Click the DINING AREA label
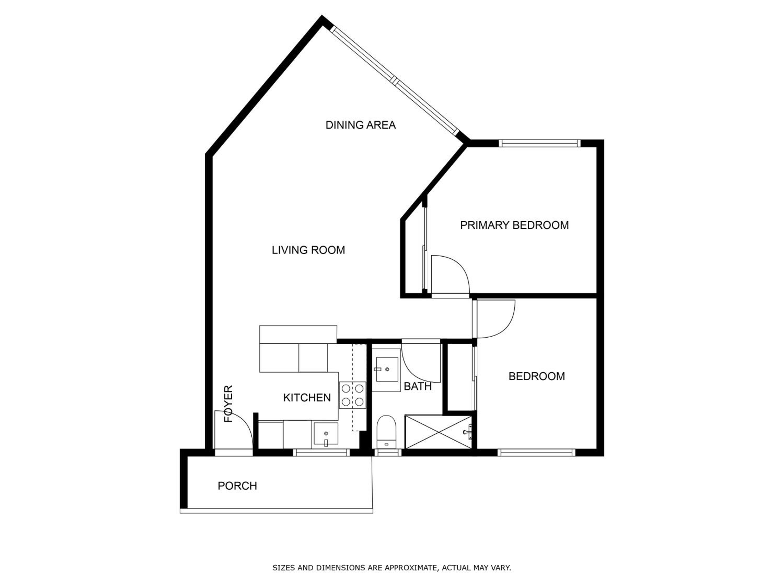coord(360,125)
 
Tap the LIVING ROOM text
coord(308,250)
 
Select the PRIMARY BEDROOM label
coord(514,225)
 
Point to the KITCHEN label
coord(307,398)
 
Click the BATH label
coord(418,386)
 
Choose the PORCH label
coord(237,486)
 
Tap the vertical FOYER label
coord(229,404)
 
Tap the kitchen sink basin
coord(325,434)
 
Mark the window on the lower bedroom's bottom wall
coord(536,452)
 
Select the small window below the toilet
coord(388,452)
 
